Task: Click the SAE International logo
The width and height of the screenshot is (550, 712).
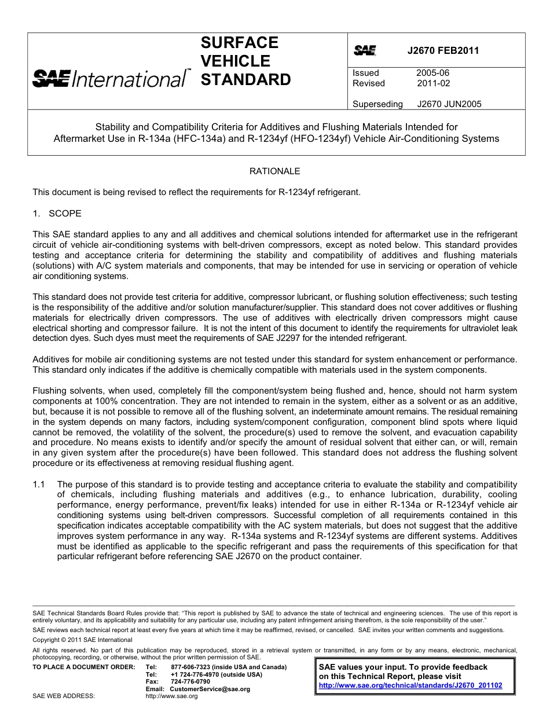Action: [x=110, y=78]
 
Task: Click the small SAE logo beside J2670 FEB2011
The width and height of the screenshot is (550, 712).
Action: [x=365, y=51]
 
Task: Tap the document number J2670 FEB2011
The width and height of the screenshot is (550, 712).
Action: [x=443, y=50]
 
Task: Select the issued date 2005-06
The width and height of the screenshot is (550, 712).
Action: [x=432, y=73]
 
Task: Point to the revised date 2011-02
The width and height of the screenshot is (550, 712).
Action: [x=433, y=83]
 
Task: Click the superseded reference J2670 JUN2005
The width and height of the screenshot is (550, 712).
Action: [x=449, y=104]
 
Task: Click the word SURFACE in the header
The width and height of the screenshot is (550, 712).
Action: [x=239, y=43]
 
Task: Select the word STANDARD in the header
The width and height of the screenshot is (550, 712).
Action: [x=245, y=80]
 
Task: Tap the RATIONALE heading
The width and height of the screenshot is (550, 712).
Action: [x=274, y=171]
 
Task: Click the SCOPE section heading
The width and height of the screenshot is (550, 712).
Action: [x=65, y=214]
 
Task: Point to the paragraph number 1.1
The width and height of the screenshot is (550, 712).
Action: [x=39, y=484]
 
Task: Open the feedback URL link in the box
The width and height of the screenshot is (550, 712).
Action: [x=410, y=685]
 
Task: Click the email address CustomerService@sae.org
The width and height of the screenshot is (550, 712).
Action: [x=210, y=689]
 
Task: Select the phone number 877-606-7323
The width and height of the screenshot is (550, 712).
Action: [x=191, y=667]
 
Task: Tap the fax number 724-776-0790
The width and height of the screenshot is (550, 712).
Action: [x=190, y=681]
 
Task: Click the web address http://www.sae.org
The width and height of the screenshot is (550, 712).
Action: [x=171, y=696]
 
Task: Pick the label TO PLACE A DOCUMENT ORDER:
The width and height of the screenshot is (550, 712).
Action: [x=83, y=667]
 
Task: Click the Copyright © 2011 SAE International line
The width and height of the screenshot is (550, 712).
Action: [x=82, y=640]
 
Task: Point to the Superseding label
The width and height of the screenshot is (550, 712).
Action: [x=377, y=104]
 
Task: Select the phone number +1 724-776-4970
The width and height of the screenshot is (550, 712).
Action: [x=196, y=674]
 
